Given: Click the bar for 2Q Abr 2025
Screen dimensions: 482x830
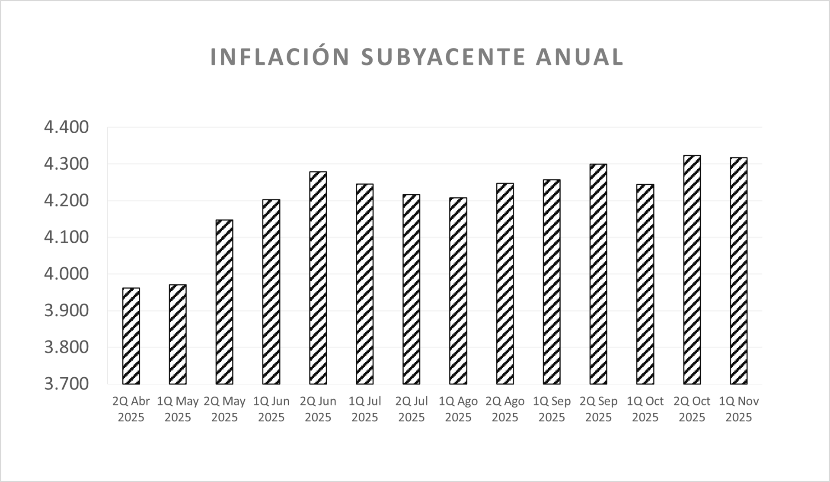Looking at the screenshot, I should [131, 336].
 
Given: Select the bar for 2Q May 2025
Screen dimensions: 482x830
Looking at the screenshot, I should [224, 302].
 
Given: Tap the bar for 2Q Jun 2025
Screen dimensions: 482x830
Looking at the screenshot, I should [318, 278].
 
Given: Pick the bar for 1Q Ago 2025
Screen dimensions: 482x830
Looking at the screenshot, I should [458, 291].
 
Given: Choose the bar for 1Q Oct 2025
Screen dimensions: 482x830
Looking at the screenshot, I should [645, 284].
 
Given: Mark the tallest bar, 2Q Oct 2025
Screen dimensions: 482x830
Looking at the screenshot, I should [692, 270].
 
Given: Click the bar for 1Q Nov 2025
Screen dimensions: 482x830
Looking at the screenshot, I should [738, 271].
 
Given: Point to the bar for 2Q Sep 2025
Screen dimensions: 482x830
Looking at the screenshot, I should [598, 274].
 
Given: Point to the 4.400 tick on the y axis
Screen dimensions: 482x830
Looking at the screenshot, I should [66, 127].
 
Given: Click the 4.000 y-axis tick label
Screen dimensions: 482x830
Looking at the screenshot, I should [66, 274].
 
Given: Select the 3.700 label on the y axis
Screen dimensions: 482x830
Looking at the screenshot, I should [66, 384].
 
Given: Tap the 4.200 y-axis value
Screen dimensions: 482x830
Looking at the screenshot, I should [66, 201].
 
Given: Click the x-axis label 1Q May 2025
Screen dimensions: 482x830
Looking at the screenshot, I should [178, 409].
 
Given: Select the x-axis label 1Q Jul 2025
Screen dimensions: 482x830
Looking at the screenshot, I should [365, 409].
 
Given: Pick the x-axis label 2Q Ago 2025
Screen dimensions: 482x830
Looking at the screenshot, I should [505, 409].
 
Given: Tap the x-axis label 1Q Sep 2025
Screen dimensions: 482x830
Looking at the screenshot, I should [552, 409].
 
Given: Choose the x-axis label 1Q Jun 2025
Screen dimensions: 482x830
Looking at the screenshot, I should [271, 409].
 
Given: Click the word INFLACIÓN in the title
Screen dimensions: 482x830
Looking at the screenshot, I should [280, 57].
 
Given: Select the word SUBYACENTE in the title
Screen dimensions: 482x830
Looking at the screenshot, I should [443, 57].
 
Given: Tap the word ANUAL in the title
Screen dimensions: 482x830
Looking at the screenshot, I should [580, 57].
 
